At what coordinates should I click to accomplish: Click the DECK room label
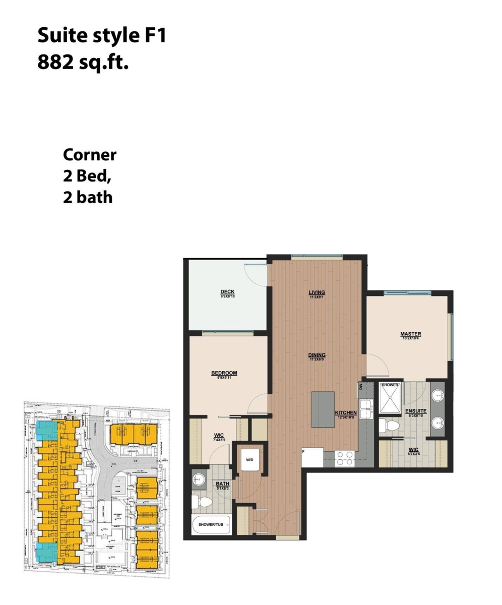click(x=227, y=292)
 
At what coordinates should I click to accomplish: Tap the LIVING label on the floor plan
click(x=317, y=292)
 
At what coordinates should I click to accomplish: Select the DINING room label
click(x=317, y=354)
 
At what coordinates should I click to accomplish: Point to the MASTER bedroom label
click(x=411, y=334)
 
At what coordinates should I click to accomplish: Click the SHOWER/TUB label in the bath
click(x=211, y=525)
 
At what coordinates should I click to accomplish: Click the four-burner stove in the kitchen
click(x=345, y=458)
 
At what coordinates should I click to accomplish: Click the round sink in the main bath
click(x=199, y=479)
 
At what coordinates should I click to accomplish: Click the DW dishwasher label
click(x=361, y=387)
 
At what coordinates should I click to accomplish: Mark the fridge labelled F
click(x=311, y=457)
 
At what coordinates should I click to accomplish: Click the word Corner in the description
click(x=90, y=155)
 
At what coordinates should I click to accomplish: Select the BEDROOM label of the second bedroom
click(x=224, y=373)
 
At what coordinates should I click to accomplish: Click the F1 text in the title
click(x=154, y=36)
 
